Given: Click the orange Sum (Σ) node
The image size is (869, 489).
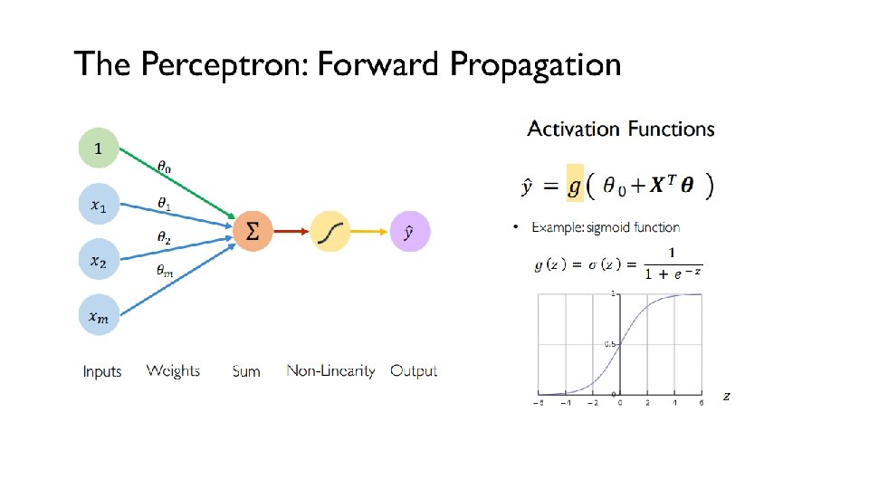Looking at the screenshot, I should point(253,232).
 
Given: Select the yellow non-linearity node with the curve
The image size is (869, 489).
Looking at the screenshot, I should point(331,232).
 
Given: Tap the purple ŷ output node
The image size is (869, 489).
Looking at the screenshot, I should point(409,232).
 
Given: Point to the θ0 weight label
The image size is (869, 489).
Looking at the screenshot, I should point(164,167).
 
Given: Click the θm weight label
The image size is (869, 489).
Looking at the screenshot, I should point(165,269).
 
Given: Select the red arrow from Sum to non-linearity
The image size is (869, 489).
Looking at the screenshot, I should point(291,232).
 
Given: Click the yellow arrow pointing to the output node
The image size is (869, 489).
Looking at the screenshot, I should point(371,232).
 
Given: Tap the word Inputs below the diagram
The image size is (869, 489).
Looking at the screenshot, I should point(101,370).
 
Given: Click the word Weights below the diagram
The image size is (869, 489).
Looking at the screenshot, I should point(173,370).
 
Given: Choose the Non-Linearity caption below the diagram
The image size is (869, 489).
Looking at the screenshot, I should point(330,370).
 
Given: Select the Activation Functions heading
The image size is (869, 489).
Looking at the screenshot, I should point(621,129).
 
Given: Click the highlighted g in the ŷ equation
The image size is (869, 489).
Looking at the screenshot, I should point(574,187).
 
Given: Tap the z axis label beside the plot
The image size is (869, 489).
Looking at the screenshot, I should point(726,396).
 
